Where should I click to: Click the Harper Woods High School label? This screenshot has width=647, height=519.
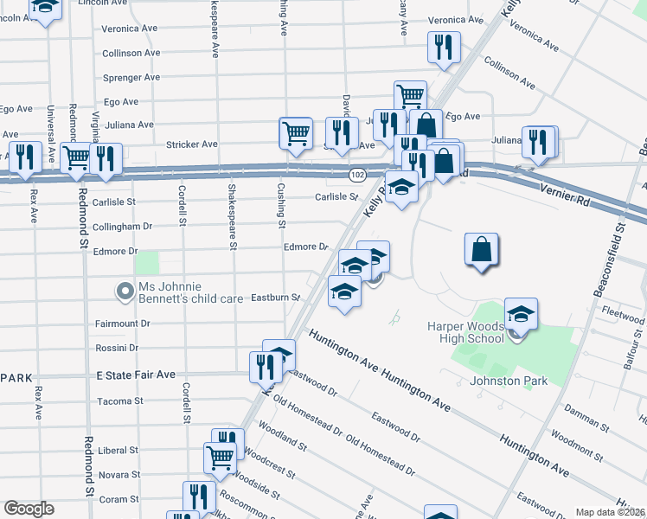coord(465,332)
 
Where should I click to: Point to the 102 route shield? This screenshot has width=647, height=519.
coord(356,175)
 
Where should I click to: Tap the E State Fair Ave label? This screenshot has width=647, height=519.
coord(135,375)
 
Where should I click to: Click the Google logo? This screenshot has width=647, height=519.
coord(29,509)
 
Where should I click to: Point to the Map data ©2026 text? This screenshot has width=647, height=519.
coord(611,512)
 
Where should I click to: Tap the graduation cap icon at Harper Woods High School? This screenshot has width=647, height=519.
coord(521,314)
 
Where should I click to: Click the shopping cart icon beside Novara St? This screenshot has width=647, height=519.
coord(220,457)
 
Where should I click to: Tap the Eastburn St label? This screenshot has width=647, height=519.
coord(275,298)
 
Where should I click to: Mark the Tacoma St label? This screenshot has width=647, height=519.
coord(120,401)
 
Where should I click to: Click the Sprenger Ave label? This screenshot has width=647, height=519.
coord(131,77)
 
